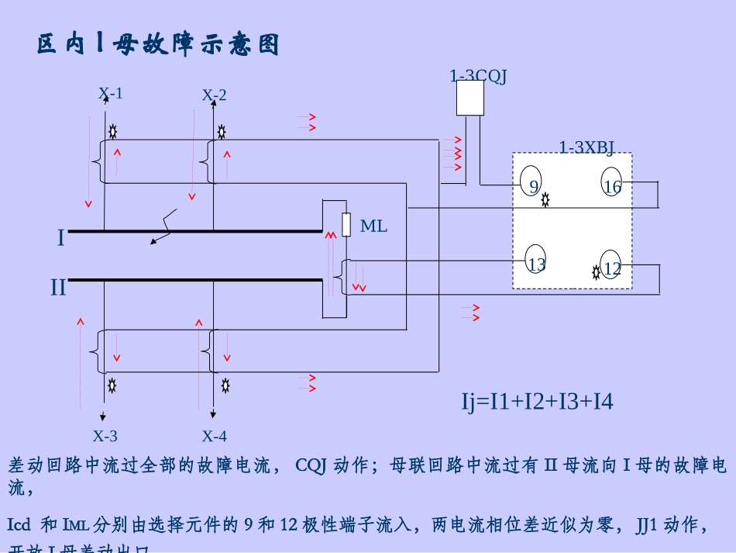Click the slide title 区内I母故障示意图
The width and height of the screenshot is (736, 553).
(158, 45)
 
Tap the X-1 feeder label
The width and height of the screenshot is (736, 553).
(111, 94)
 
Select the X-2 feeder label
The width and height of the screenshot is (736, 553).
(215, 95)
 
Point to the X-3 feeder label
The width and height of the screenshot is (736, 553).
(105, 436)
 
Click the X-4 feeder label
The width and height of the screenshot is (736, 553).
(215, 436)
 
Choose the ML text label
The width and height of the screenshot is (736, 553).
(373, 226)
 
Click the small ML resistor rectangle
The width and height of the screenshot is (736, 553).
(346, 224)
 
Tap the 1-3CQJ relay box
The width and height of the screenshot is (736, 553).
(469, 99)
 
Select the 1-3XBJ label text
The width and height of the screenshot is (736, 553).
(586, 147)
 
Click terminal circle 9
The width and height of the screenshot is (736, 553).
(531, 182)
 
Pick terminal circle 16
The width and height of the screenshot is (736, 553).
(612, 183)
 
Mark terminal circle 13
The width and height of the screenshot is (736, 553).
(536, 261)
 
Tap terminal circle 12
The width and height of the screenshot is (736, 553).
(611, 265)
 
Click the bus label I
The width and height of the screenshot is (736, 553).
(61, 238)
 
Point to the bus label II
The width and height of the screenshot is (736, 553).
(59, 288)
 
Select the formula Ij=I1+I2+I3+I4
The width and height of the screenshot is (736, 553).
(537, 402)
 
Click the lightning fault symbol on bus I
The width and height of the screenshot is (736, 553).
(164, 226)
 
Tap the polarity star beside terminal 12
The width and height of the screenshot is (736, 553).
(596, 272)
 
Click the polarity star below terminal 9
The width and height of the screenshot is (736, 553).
(545, 200)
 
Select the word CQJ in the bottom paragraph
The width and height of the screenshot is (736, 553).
(311, 465)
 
